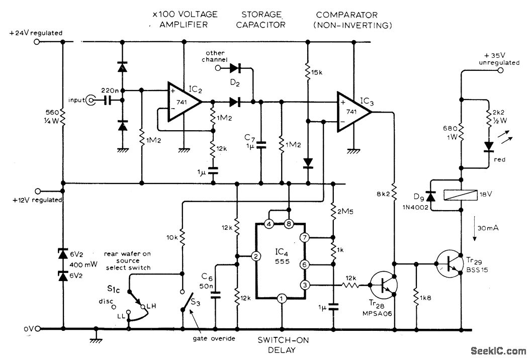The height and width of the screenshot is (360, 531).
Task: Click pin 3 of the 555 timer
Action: click(x=304, y=285)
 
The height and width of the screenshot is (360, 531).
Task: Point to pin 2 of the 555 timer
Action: click(x=256, y=257)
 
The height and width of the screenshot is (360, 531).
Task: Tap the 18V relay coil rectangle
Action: click(x=461, y=195)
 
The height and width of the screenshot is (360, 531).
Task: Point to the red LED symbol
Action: click(x=488, y=146)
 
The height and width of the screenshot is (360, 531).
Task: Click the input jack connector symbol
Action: click(x=91, y=101)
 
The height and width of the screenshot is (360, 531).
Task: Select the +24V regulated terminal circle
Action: click(x=36, y=42)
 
